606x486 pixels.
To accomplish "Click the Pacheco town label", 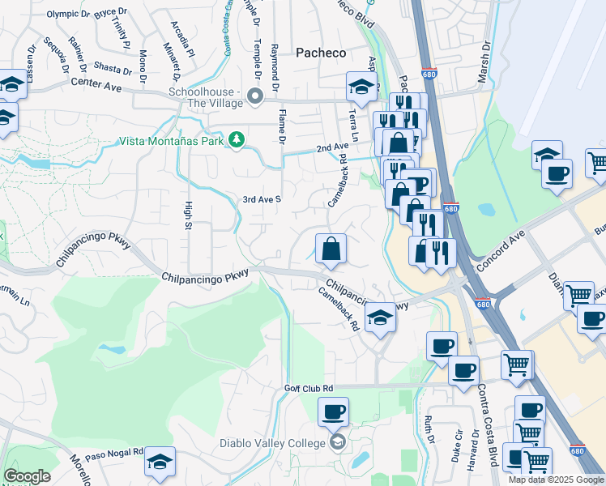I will click(320, 53).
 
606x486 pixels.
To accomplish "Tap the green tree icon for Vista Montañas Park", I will click(237, 140).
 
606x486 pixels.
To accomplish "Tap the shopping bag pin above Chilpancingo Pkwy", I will click(331, 250).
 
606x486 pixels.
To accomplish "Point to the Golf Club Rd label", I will click(309, 389).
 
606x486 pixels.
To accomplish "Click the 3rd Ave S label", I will click(262, 198).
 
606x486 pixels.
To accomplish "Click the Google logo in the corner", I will click(27, 476).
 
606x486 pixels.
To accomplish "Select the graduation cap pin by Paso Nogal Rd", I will click(160, 463).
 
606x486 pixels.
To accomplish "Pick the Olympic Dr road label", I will click(69, 14).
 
